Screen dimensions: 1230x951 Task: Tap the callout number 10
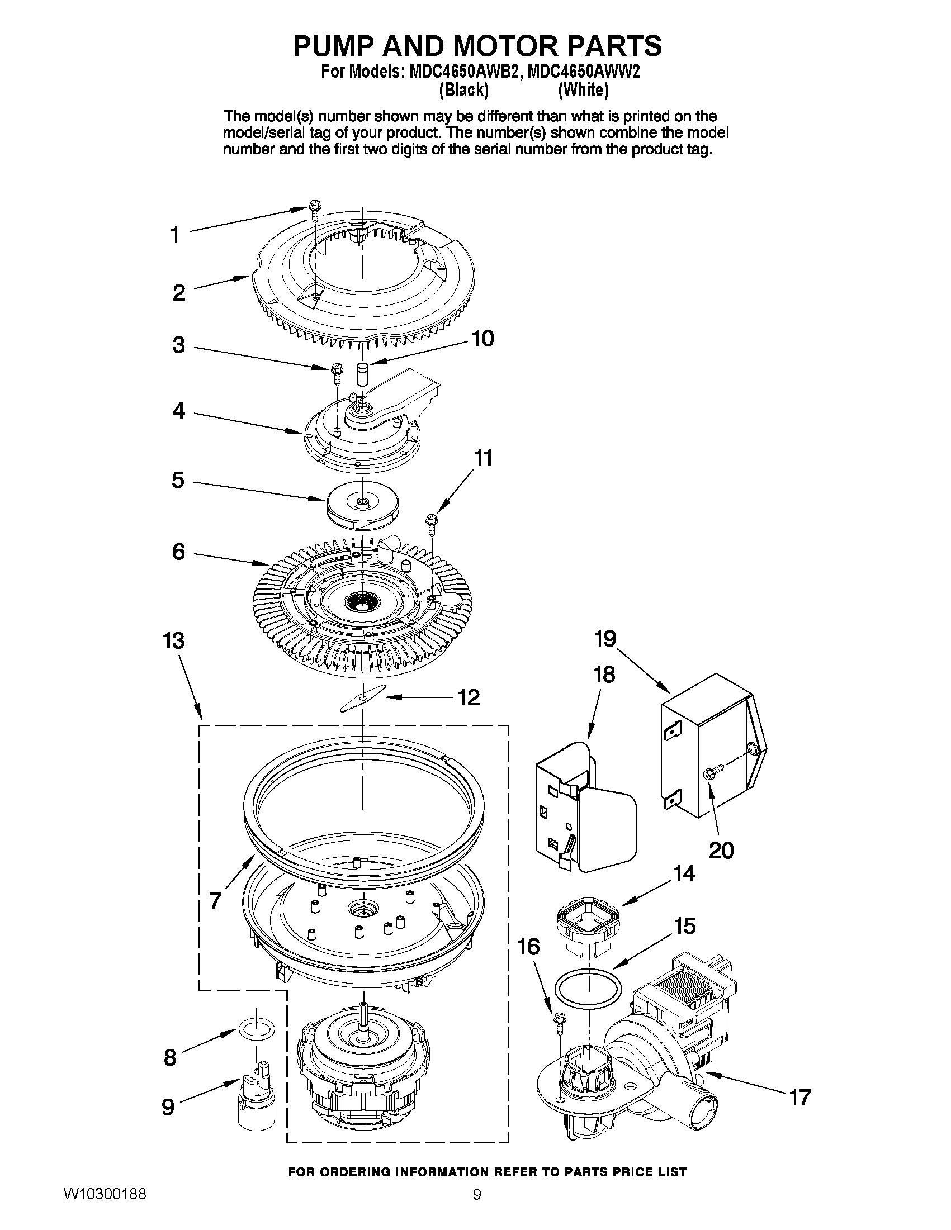tap(482, 339)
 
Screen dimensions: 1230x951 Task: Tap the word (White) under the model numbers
tap(583, 89)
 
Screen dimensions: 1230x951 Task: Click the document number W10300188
tap(105, 1208)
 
